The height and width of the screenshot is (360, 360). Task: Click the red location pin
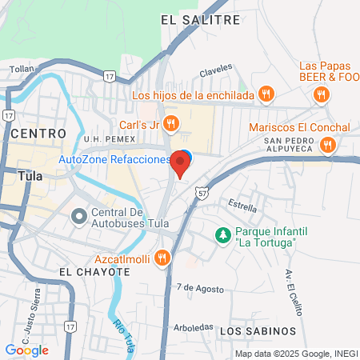181,164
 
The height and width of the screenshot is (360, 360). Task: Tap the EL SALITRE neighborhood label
200,19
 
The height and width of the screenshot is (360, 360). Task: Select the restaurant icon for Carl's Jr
170,123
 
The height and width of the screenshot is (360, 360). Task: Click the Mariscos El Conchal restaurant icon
327,145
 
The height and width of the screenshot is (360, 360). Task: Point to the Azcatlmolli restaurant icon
163,257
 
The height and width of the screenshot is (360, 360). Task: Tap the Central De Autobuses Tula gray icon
78,216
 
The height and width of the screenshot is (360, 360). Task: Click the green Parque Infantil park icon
223,235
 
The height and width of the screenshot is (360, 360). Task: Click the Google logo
26,350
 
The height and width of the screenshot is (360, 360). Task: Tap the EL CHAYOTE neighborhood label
94,272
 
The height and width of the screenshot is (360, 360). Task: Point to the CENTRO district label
34,133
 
